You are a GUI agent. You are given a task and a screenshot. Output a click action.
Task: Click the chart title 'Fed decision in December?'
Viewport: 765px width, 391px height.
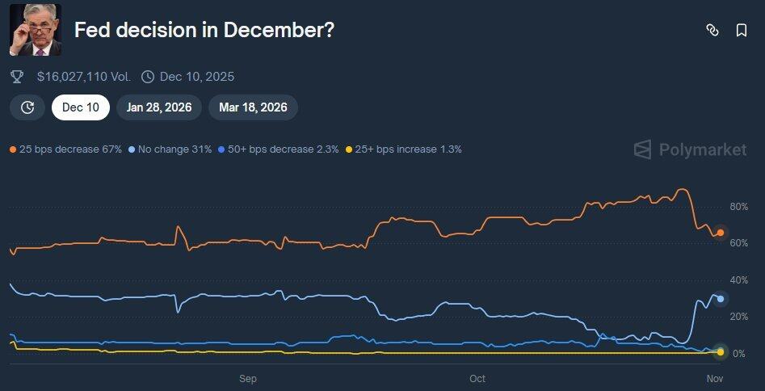204,31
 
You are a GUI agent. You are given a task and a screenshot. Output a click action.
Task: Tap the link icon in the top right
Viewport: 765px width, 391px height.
712,30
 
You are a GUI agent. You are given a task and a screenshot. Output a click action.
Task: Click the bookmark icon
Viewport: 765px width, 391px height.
741,30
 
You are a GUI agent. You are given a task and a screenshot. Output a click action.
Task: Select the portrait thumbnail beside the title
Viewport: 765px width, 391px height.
36,30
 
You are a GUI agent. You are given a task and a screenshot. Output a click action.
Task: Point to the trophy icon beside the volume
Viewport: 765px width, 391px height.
17,77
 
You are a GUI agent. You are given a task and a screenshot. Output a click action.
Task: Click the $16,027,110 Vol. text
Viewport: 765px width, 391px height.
84,77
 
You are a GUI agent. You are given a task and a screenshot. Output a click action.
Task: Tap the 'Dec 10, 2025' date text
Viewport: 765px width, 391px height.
197,77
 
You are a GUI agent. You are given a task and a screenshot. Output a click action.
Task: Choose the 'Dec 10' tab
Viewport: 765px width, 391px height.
81,107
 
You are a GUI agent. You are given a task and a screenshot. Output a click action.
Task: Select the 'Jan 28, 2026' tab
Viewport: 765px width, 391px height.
159,107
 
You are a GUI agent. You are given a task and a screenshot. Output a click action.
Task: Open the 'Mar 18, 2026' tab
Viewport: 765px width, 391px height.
253,107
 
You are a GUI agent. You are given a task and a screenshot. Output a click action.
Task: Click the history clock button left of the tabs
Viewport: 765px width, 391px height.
27,107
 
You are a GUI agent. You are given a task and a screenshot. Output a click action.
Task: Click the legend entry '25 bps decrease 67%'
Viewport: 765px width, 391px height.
65,149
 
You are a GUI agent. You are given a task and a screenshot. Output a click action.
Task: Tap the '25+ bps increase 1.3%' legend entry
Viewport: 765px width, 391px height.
404,149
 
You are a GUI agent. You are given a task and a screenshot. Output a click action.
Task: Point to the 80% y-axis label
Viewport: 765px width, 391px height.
738,207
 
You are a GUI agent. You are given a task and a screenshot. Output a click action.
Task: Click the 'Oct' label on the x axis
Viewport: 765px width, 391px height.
477,378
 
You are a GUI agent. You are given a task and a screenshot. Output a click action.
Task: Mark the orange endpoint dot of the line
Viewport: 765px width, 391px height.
721,233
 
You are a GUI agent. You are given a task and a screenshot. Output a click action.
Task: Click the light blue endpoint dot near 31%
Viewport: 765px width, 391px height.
721,299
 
